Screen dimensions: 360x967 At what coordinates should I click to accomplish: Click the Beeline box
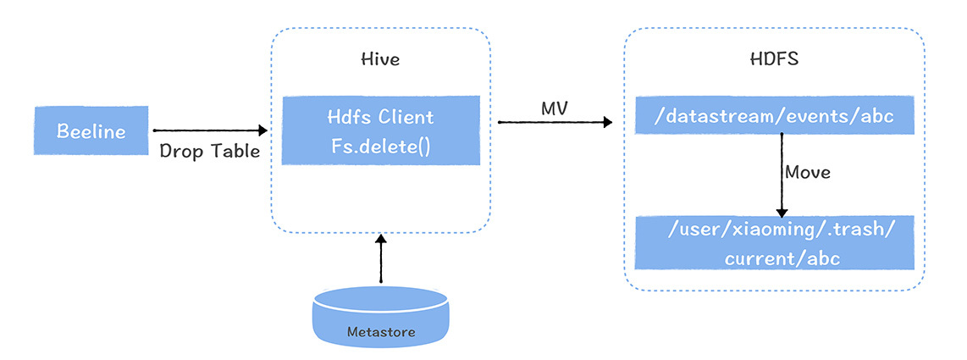click(x=91, y=131)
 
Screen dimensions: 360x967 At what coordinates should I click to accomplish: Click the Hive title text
click(x=380, y=60)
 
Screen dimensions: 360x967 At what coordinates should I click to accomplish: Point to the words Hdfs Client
click(x=380, y=118)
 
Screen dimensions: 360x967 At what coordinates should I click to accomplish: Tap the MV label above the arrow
click(x=555, y=110)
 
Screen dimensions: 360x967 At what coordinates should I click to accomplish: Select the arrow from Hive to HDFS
click(x=555, y=123)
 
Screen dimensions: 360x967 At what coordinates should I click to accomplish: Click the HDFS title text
click(x=774, y=60)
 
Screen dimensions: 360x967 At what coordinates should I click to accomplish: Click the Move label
click(x=807, y=172)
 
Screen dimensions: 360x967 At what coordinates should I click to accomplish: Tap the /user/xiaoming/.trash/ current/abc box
click(x=774, y=242)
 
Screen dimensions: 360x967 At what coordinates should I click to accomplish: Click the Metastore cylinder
click(x=380, y=316)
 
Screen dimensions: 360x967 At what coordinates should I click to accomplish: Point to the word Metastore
click(x=380, y=332)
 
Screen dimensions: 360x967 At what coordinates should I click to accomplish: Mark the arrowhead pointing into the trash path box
click(x=782, y=212)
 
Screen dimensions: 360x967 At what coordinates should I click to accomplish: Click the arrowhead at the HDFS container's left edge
click(x=606, y=123)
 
